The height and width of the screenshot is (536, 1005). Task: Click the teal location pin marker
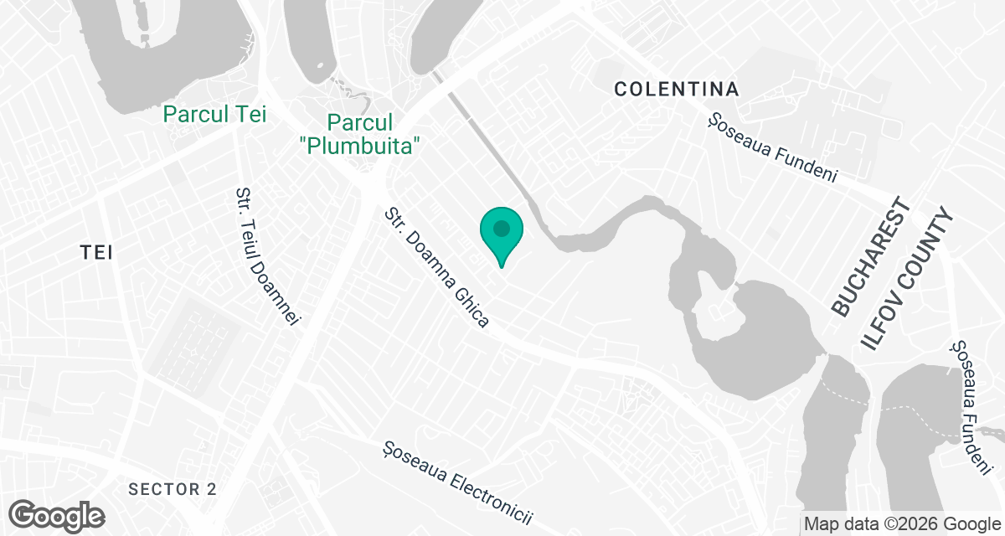501,235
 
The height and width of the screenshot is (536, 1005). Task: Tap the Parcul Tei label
215,114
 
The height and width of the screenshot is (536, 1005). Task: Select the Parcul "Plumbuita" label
359,134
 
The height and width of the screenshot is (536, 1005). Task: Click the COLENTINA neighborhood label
677,89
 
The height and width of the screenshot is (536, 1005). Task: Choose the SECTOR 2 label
173,489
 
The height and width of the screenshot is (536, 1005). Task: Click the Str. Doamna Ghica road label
436,268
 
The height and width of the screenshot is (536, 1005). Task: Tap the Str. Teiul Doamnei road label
267,256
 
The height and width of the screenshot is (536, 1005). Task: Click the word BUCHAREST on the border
871,257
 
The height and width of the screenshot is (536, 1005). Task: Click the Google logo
56,514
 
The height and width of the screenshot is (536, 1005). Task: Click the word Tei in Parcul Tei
251,114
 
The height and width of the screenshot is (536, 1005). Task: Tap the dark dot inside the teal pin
501,228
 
